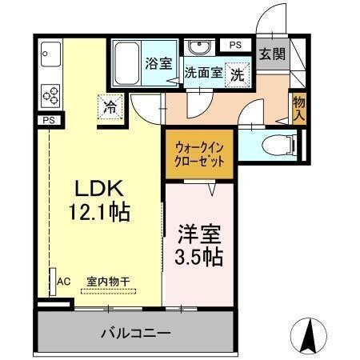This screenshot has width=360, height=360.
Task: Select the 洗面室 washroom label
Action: (205, 72)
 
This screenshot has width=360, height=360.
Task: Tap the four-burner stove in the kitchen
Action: (51, 94)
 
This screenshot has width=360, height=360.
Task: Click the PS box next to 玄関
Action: (234, 45)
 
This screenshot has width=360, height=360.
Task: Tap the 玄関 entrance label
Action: (272, 54)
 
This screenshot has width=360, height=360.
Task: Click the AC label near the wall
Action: (66, 282)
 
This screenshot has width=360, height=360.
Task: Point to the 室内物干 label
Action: (109, 282)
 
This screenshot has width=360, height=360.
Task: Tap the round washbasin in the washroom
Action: (202, 46)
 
